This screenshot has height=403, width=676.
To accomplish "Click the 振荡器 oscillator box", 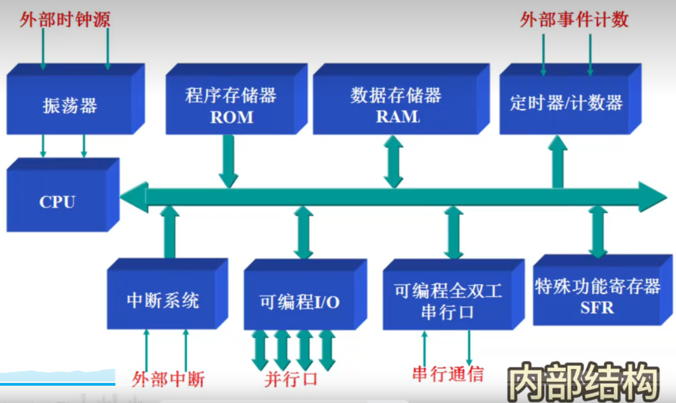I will [70, 105].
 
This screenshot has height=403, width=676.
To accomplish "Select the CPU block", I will [57, 201].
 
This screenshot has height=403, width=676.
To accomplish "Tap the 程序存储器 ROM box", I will [231, 106].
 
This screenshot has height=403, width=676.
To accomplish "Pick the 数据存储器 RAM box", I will [396, 106].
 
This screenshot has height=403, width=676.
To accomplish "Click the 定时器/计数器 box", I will [566, 103].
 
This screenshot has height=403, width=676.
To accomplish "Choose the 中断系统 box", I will [162, 300].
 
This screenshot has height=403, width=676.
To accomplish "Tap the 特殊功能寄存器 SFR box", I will [597, 296].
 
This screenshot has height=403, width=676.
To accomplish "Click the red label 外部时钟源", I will [65, 21].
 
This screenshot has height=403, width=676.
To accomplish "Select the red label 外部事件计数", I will [574, 19].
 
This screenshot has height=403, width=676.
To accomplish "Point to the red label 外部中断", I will [168, 379].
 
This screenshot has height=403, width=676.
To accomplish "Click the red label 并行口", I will [291, 379].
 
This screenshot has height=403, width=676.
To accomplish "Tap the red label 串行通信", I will [447, 374].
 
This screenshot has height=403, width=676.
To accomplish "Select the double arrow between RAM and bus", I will [393, 162].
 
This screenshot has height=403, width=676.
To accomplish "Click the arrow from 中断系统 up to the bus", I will [170, 232].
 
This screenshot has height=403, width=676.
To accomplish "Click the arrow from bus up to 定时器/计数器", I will [558, 162].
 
